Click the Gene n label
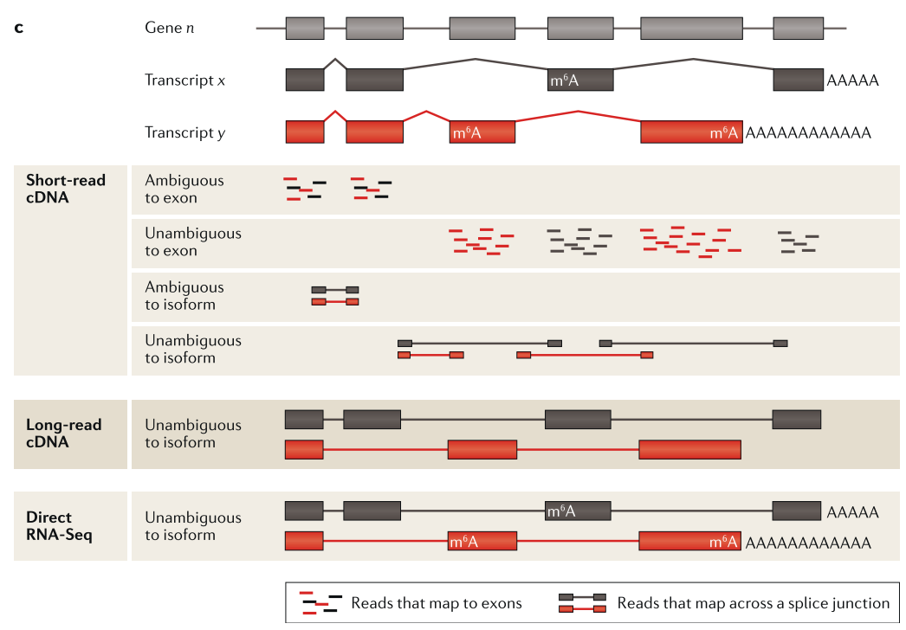[x=169, y=28]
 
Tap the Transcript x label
[x=185, y=80]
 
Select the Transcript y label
[x=185, y=132]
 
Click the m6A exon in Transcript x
[x=580, y=80]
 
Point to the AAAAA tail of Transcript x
[x=852, y=80]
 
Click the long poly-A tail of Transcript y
[x=807, y=132]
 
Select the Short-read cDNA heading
[x=66, y=189]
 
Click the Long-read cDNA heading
[x=64, y=434]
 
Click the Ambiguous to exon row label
[x=184, y=189]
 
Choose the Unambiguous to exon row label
[x=193, y=242]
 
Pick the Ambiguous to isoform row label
[x=184, y=296]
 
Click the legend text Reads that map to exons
[x=437, y=603]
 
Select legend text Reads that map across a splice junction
[x=754, y=603]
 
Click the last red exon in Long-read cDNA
[x=689, y=449]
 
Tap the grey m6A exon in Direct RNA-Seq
[x=578, y=511]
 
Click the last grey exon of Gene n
[x=798, y=28]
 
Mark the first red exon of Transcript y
[x=305, y=132]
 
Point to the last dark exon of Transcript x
[x=798, y=80]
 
